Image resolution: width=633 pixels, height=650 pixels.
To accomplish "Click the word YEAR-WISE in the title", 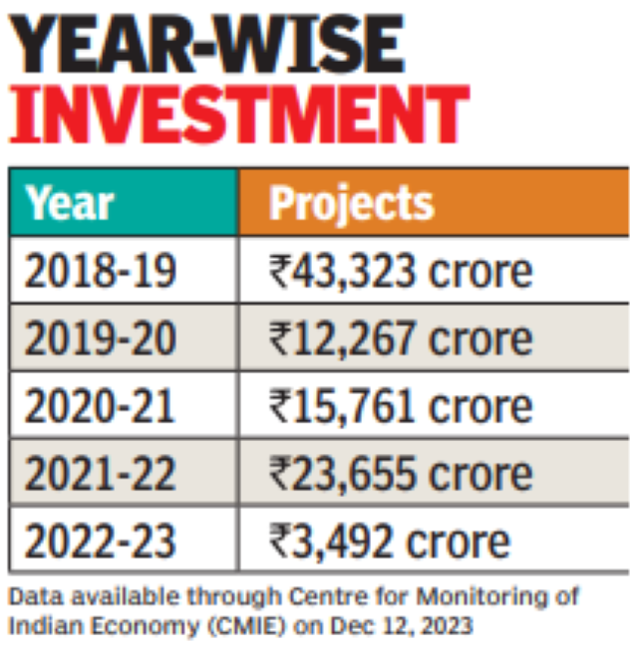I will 208,45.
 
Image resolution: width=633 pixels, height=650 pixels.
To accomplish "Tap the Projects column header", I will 351,203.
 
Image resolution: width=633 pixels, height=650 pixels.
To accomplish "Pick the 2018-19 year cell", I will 100,271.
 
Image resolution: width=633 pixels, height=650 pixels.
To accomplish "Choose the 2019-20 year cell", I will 100,338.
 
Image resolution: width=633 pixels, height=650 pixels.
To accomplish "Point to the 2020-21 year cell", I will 100,406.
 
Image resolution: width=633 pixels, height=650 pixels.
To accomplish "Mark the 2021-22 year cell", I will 100,474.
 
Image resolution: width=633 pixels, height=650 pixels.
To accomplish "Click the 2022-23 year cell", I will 100,542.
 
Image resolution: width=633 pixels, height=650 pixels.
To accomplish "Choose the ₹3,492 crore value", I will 389,542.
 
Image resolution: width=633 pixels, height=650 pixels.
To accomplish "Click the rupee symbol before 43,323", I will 279,271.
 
